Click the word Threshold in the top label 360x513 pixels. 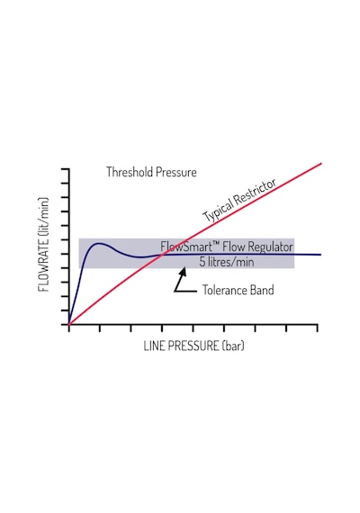(x=130, y=172)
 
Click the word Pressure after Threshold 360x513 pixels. (x=176, y=172)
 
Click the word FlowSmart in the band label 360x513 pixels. (x=187, y=247)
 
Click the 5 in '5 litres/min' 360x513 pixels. (x=202, y=262)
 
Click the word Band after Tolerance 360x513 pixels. (x=262, y=290)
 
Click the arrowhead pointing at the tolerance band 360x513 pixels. (x=183, y=272)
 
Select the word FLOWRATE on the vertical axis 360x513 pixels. (x=44, y=265)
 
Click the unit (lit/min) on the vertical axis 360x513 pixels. (x=44, y=217)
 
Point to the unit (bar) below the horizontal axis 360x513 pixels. (x=233, y=346)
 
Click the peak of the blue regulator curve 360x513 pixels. (x=98, y=243)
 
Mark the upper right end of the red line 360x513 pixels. (x=321, y=163)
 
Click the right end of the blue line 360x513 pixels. (x=320, y=255)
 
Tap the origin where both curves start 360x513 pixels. (x=68, y=325)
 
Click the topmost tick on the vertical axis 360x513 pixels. (x=65, y=169)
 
